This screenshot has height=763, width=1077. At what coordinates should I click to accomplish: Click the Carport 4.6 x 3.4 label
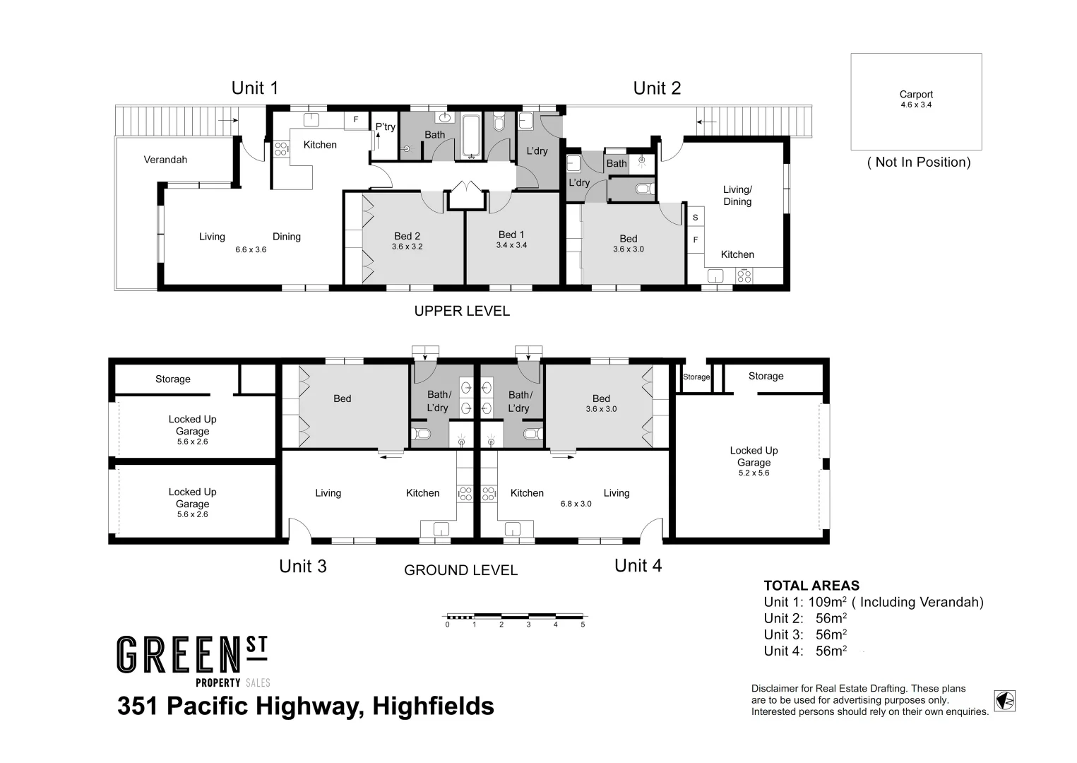click(x=916, y=99)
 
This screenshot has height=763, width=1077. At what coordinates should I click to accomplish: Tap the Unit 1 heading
click(x=255, y=88)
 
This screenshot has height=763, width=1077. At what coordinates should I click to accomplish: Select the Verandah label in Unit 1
click(x=165, y=160)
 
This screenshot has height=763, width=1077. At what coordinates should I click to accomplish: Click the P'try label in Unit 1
click(x=386, y=127)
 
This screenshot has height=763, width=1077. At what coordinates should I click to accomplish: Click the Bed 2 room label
click(x=407, y=236)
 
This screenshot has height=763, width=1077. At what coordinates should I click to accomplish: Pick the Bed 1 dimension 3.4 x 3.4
click(x=511, y=245)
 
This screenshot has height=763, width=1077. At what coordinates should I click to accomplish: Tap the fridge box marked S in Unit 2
click(x=696, y=218)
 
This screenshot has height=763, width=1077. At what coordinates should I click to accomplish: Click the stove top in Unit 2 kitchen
click(x=744, y=276)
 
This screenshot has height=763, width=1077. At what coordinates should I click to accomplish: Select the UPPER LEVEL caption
click(x=462, y=311)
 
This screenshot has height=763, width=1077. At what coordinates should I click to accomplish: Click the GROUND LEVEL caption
click(x=460, y=570)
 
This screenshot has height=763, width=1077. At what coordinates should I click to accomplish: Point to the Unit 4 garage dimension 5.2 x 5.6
click(x=754, y=473)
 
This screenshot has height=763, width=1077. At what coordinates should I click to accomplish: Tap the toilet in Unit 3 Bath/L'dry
click(x=421, y=433)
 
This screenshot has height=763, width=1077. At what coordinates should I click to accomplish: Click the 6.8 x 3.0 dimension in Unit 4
click(x=576, y=504)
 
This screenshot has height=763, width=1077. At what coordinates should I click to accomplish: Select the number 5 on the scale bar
click(x=583, y=625)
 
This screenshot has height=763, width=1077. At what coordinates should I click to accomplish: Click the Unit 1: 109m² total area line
click(x=873, y=602)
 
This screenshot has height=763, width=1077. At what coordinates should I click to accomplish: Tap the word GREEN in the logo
click(x=180, y=655)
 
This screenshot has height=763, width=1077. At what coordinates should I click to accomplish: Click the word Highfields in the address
click(x=433, y=706)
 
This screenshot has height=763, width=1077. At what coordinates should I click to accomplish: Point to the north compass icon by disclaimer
click(x=1004, y=701)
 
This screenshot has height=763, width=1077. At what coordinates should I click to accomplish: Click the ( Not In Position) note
click(x=918, y=162)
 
